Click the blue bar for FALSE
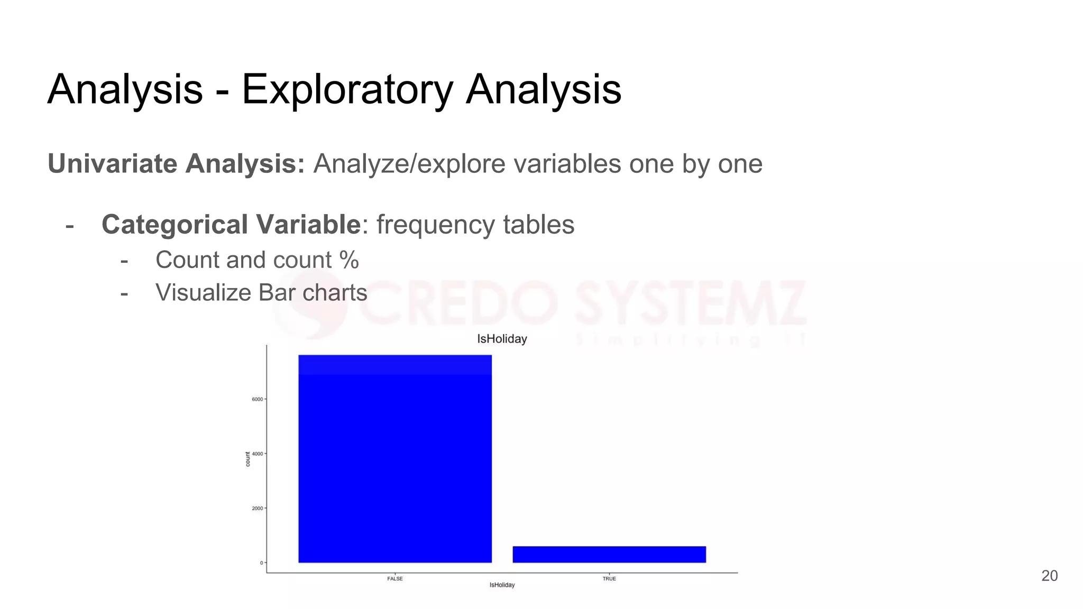(395, 459)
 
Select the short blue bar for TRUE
(609, 555)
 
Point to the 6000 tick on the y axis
(258, 399)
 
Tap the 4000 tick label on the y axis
(258, 454)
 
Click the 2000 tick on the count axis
(258, 509)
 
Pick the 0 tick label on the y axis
(261, 563)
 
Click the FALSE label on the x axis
(395, 579)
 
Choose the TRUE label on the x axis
(609, 579)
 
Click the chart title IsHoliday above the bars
(502, 339)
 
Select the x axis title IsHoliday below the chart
(502, 585)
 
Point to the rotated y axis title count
(247, 459)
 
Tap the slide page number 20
(1049, 576)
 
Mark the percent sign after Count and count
(349, 260)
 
